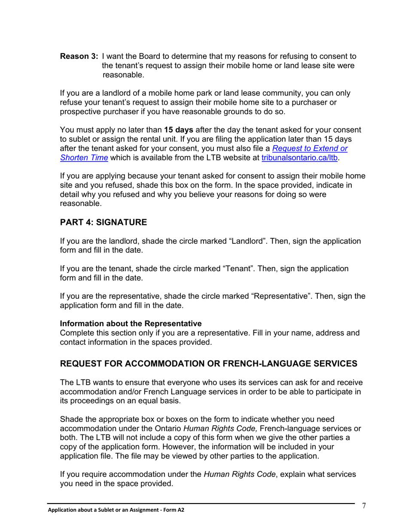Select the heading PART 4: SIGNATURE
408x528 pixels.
click(x=103, y=222)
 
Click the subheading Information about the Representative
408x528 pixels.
click(x=131, y=323)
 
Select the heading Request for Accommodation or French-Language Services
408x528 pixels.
click(x=208, y=363)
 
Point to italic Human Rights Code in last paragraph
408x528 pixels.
click(x=240, y=474)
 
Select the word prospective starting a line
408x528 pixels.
click(x=80, y=112)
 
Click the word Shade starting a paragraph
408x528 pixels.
click(x=71, y=419)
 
